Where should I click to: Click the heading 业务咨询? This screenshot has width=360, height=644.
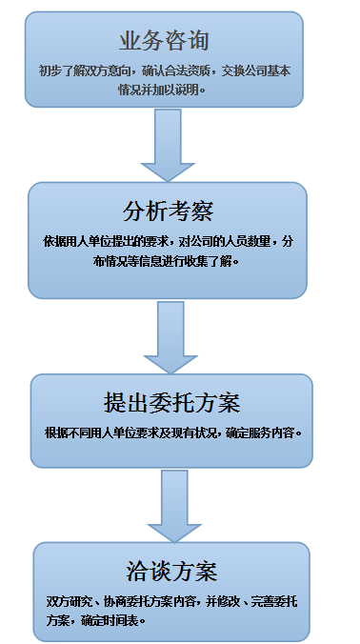pos(164,41)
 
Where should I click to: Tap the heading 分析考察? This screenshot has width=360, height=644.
pos(168,211)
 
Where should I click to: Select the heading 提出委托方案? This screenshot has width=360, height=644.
pos(171,403)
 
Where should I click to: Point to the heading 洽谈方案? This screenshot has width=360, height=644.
pos(171,572)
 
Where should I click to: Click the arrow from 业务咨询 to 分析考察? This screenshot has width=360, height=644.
pos(168,145)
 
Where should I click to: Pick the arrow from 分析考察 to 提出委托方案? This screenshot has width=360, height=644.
pos(170,337)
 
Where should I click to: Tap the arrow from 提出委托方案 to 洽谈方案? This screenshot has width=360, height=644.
pos(174,506)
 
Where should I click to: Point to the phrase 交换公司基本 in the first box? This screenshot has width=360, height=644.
pos(256,71)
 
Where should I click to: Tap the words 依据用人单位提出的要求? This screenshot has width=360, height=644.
pos(105,242)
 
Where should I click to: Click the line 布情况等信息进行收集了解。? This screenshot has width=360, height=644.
pos(167,261)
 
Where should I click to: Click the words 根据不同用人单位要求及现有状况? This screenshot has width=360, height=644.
pos(130,433)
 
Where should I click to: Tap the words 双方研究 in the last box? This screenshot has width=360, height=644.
pos(68,602)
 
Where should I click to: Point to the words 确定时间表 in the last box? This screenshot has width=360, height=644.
pos(110,620)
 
